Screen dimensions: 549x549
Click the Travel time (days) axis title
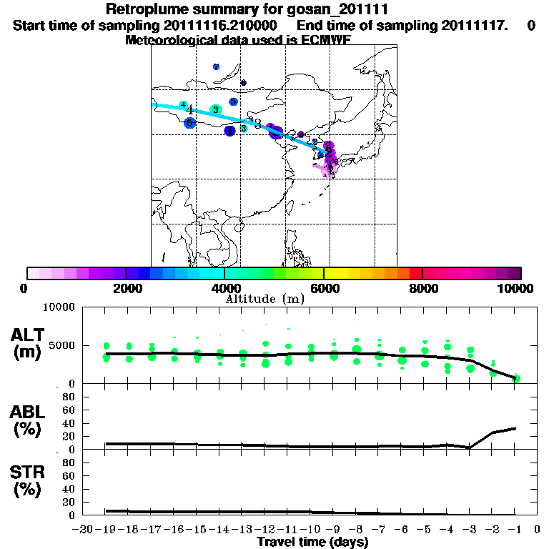(x=312, y=543)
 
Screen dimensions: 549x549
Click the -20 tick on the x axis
(x=83, y=530)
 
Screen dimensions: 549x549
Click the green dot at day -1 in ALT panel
(x=515, y=378)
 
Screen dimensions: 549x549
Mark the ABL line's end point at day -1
(x=515, y=428)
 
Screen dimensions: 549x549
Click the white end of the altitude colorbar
(x=33, y=273)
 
